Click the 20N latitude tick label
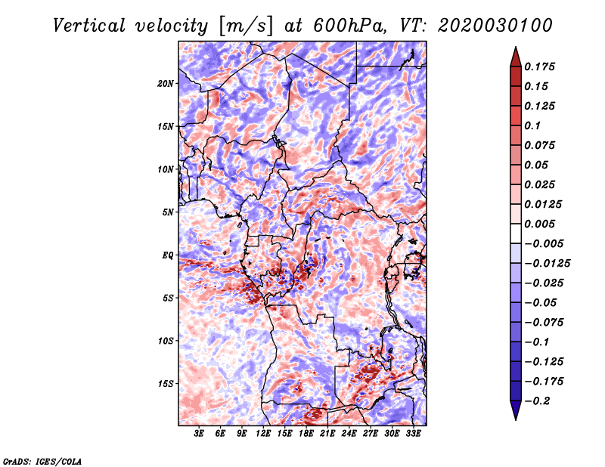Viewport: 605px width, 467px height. [166, 83]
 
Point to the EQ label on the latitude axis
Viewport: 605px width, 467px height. [168, 255]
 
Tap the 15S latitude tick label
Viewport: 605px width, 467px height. [166, 383]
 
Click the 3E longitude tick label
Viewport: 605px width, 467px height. [200, 434]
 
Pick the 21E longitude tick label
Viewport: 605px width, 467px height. [328, 434]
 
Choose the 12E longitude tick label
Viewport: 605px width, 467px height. [264, 434]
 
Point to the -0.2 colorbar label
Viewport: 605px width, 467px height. [540, 401]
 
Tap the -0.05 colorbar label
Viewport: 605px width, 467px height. [540, 302]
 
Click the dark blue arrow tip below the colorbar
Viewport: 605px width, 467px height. [515, 414]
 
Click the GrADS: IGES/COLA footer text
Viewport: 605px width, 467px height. [42, 460]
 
